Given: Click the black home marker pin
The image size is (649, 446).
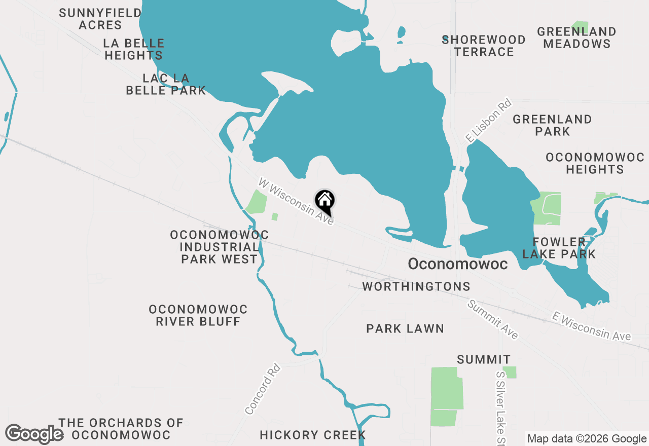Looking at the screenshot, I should [324, 201].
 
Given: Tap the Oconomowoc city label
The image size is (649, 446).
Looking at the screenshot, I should [457, 264].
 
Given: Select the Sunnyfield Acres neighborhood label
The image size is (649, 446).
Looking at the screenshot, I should [100, 19].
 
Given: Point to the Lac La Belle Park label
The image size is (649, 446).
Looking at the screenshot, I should [166, 84].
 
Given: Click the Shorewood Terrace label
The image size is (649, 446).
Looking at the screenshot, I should [484, 46].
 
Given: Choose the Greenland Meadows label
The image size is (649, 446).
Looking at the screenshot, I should [576, 38].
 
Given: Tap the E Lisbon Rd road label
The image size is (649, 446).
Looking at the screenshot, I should [489, 120].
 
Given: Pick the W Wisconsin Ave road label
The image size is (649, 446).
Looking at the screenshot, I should [296, 202].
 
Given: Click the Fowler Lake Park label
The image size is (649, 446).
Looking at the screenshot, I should [559, 248].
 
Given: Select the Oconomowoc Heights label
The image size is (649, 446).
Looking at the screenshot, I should [595, 163].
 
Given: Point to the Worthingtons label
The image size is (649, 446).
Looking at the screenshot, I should [416, 287].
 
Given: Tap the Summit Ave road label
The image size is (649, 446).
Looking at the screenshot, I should [493, 320].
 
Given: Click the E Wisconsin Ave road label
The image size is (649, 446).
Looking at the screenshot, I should [592, 327].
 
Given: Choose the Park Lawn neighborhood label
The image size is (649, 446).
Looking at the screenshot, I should [405, 329].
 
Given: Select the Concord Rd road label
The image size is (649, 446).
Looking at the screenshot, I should [263, 389].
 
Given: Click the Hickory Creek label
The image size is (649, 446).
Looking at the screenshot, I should [312, 435].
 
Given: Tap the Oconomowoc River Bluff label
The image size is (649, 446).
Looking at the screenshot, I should [198, 315].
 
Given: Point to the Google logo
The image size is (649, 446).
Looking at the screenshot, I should [34, 434].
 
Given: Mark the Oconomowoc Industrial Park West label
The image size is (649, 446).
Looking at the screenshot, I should [219, 247].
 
